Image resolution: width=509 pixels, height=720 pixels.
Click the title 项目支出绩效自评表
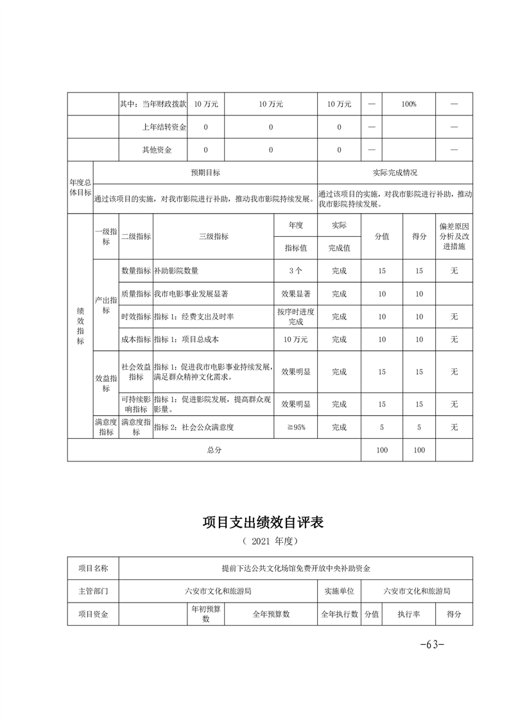coord(263,522)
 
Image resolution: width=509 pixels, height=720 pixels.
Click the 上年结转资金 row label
coord(164,127)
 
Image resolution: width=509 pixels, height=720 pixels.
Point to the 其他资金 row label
coord(157,150)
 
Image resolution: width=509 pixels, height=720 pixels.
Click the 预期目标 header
coord(205,173)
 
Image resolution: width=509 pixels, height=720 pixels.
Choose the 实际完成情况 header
coord(395,173)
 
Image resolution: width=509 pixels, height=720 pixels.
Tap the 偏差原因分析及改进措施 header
coord(454,236)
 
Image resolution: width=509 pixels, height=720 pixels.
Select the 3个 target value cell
coord(295,271)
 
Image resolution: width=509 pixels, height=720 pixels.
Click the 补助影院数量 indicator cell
coord(180,271)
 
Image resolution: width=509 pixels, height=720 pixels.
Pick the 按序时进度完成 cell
coord(295,316)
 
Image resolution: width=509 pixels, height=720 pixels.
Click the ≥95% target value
coord(295,427)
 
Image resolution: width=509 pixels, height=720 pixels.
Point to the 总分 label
coord(214,450)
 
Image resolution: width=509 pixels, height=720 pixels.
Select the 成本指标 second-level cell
coord(136,339)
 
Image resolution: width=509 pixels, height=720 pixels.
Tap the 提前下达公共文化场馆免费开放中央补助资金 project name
coord(296,568)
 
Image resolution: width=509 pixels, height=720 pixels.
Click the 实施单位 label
coord(340,591)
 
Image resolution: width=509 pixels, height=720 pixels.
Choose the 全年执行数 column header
coord(340,614)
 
